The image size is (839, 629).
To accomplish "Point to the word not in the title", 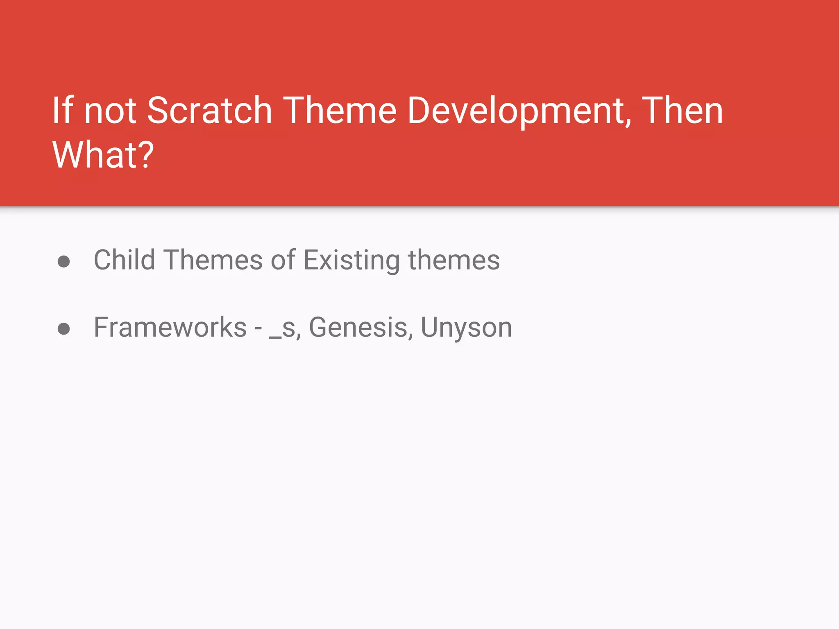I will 110,111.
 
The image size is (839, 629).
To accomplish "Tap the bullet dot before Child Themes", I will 63,261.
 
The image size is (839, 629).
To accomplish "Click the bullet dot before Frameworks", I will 63,328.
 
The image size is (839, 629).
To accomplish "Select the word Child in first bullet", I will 125,260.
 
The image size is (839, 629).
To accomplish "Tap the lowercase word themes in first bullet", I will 454,260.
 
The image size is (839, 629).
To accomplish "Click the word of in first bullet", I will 283,260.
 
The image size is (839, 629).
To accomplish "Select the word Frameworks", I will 170,327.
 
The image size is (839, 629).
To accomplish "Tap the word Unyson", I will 466,328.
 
